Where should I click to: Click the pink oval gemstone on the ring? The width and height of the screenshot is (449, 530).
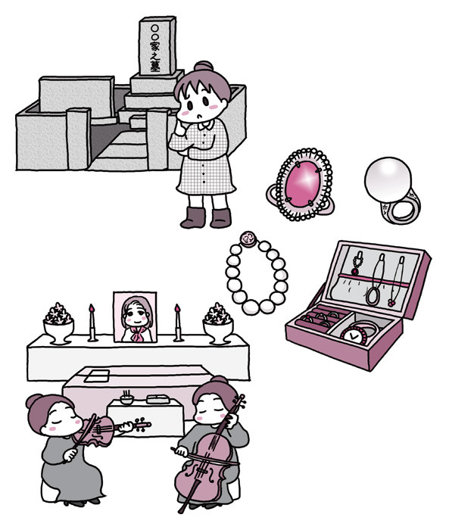[x=303, y=185]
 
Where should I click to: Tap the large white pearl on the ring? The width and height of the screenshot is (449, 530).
[x=388, y=180]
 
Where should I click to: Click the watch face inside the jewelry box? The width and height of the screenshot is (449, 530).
[x=353, y=336]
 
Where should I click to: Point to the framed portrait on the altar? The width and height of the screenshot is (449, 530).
[x=135, y=317]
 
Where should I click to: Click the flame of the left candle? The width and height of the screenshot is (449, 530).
[x=91, y=308]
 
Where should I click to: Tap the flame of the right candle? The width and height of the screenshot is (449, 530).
[x=177, y=308]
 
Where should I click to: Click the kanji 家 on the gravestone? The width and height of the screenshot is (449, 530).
[x=155, y=45]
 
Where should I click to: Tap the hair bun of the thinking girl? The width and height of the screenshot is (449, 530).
[x=204, y=67]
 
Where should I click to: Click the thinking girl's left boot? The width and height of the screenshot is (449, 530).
[x=193, y=217]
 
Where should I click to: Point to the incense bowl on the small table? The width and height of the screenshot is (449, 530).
[x=126, y=399]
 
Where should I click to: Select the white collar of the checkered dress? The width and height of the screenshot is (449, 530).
[x=206, y=125]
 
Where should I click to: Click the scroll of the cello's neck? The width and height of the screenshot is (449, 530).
[x=242, y=400]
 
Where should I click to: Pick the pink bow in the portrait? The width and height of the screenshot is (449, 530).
[x=138, y=334]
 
